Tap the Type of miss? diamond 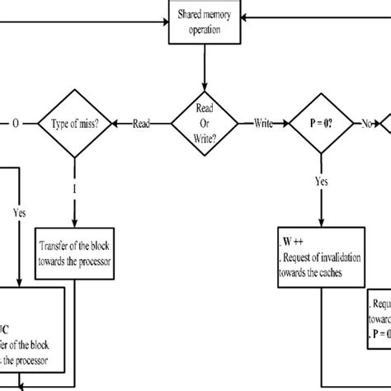click(x=75, y=124)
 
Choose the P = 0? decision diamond click(x=318, y=124)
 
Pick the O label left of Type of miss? click(x=14, y=124)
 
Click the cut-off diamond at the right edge click(x=385, y=124)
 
